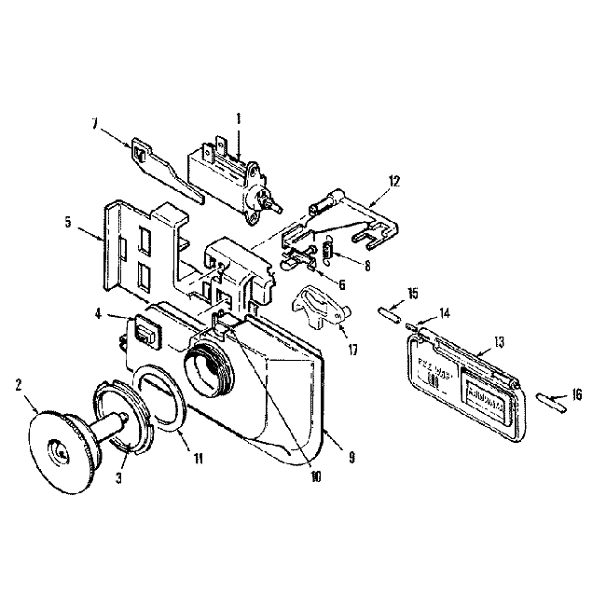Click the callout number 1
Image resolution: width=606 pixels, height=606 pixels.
[x=239, y=119]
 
